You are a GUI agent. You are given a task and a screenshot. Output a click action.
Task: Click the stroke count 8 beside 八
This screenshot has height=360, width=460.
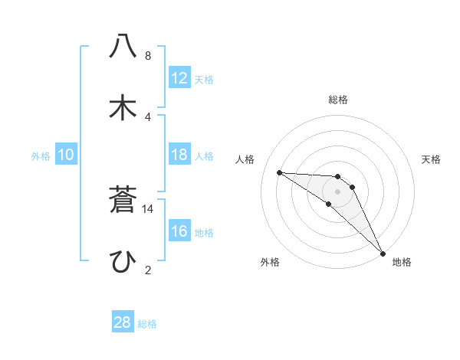click(147, 56)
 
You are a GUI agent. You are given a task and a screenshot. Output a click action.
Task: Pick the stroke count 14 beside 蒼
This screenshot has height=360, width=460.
click(148, 208)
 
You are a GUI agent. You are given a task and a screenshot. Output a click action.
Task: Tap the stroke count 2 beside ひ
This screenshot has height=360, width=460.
click(147, 270)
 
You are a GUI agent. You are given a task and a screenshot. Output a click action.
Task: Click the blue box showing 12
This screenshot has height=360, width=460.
click(179, 78)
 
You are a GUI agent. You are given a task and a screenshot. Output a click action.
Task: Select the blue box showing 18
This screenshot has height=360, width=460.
click(179, 155)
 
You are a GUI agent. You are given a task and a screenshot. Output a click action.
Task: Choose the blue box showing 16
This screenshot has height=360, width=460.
click(179, 231)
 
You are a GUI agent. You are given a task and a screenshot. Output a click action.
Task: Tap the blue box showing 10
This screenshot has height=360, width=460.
click(66, 155)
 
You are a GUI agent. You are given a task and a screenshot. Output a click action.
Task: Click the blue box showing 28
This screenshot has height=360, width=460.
click(123, 322)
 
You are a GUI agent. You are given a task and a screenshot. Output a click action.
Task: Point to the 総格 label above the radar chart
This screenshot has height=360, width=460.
click(337, 100)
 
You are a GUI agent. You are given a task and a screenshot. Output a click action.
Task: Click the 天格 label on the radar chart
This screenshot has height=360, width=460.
click(431, 159)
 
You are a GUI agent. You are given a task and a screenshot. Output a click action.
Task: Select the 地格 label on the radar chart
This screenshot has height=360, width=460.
click(402, 262)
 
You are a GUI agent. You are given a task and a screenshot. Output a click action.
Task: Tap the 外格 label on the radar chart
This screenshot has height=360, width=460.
click(270, 262)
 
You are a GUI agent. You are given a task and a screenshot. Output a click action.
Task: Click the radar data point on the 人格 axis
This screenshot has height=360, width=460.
click(279, 172)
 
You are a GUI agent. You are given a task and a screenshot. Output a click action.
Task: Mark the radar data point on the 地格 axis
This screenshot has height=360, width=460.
click(382, 252)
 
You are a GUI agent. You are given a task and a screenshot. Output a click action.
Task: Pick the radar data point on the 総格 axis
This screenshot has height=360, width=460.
click(337, 177)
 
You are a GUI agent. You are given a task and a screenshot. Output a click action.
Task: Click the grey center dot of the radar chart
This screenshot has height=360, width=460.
click(337, 191)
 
